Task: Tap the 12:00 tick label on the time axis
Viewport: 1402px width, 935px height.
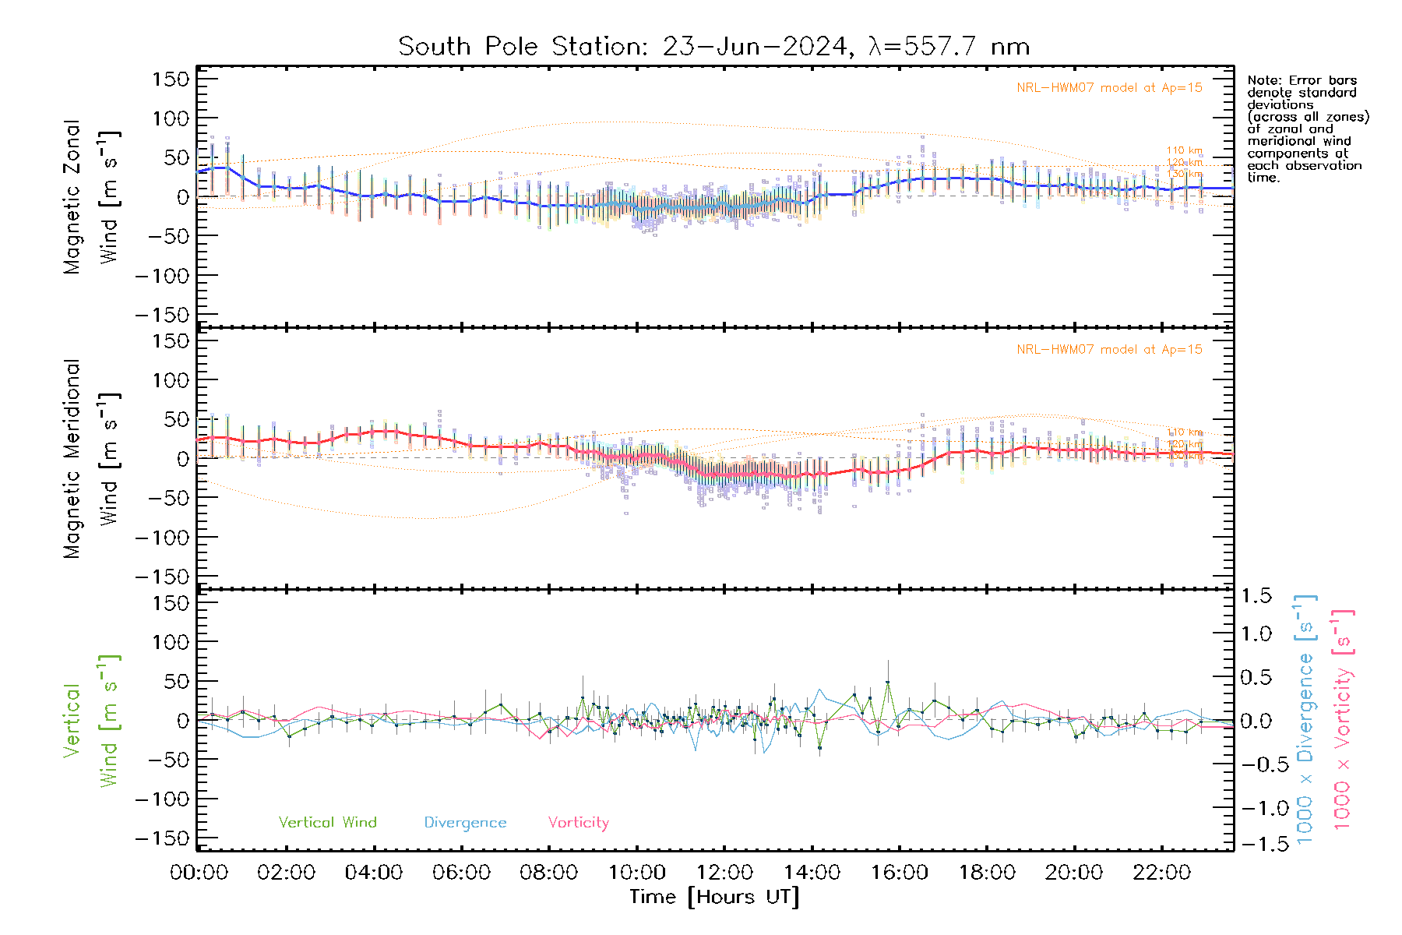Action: coord(724,873)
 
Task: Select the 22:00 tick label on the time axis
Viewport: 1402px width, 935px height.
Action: coord(1161,873)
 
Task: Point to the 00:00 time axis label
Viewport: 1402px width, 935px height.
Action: coord(199,873)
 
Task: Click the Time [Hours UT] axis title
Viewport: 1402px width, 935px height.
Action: coord(714,897)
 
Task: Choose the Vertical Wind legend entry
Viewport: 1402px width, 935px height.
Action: coord(327,822)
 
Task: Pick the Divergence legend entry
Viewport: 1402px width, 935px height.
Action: coord(465,822)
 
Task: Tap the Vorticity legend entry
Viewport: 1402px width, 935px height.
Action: coord(578,822)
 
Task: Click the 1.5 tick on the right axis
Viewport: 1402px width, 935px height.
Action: coord(1256,596)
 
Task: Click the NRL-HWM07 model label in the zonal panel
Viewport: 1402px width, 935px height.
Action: coord(1109,87)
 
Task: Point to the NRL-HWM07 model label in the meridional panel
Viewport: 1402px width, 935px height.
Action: coord(1109,349)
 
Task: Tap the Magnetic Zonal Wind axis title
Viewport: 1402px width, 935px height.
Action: coord(92,196)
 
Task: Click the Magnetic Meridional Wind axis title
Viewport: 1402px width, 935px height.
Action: coord(92,458)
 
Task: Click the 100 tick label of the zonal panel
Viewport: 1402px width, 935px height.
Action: coord(171,118)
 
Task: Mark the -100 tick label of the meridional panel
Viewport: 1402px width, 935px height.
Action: coord(162,538)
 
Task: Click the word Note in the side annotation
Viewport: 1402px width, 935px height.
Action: coord(1262,80)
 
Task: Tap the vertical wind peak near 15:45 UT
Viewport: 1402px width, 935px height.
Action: coord(887,683)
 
